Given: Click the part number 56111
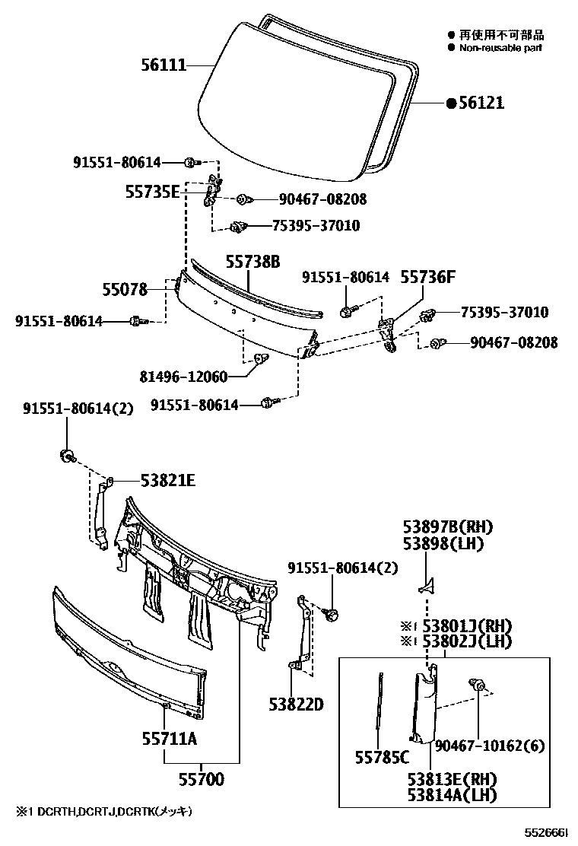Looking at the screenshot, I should (x=164, y=66).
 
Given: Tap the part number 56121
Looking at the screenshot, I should (x=481, y=103).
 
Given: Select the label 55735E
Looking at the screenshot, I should (x=152, y=192).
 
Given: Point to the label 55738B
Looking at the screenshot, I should (x=252, y=262).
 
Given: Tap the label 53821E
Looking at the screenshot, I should (x=168, y=480).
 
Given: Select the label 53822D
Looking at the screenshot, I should (x=296, y=704).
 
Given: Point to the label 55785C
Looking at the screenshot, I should (x=382, y=757).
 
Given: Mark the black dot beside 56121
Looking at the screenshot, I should (x=451, y=103).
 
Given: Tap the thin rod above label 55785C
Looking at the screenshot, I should (x=379, y=704).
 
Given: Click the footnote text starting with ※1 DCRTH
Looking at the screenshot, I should (x=100, y=812).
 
